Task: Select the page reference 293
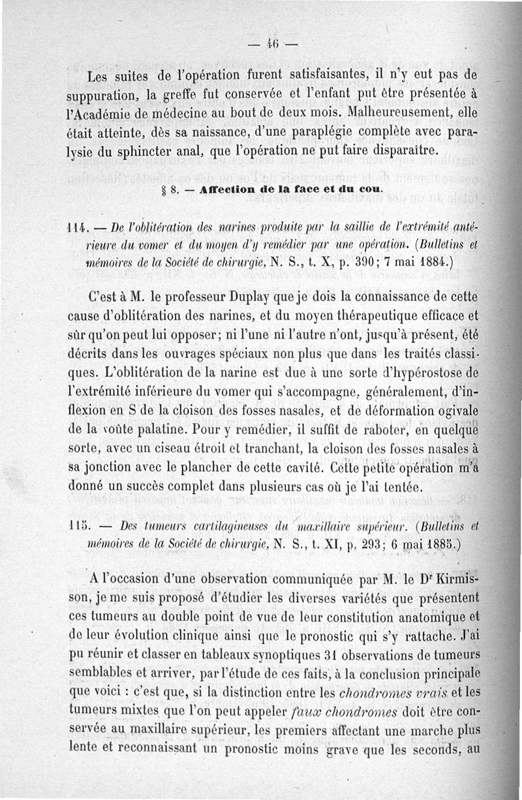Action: [361, 543]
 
